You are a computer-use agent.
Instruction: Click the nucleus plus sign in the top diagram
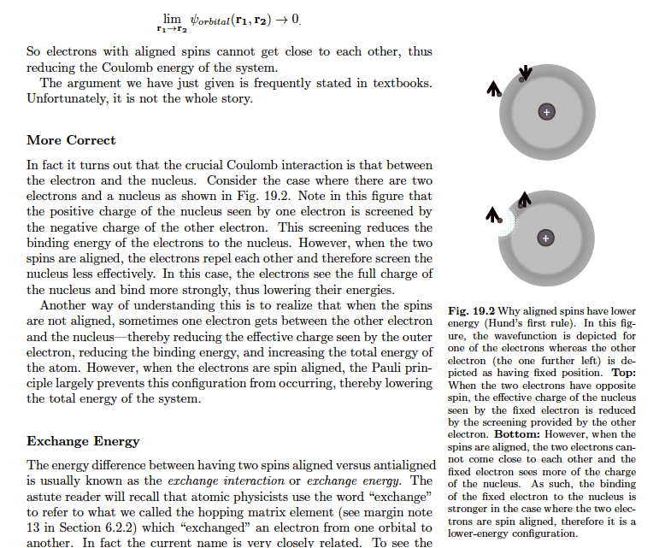(546, 112)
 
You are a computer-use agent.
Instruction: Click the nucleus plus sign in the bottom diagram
(546, 238)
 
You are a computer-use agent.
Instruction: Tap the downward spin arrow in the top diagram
(526, 74)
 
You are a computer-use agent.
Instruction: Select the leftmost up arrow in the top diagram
(494, 87)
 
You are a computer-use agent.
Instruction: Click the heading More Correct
(71, 140)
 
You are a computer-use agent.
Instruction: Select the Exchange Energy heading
(83, 441)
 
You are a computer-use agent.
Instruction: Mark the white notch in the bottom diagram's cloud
(509, 223)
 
